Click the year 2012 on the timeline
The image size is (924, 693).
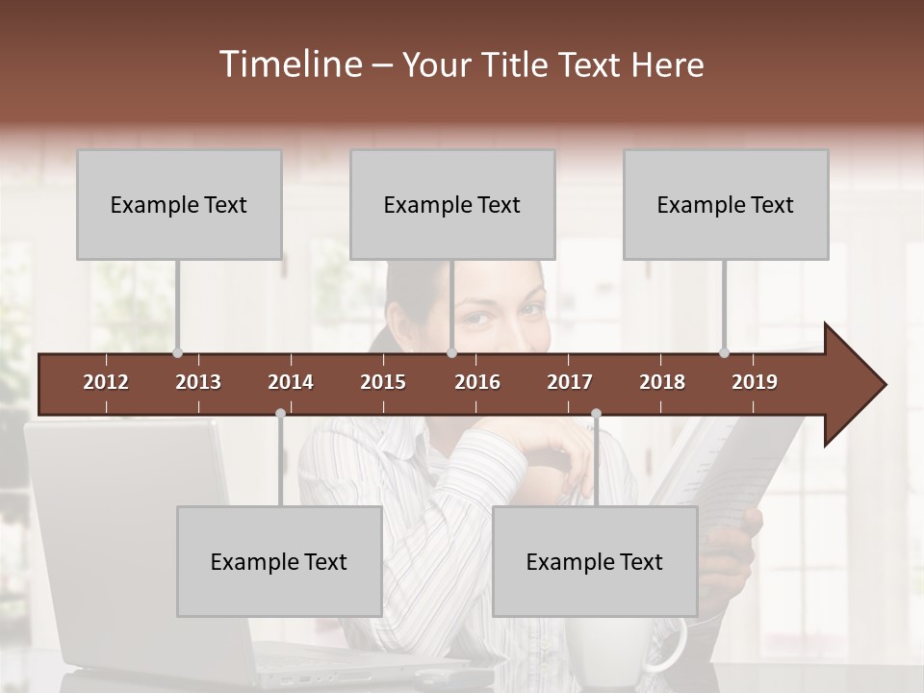click(x=106, y=382)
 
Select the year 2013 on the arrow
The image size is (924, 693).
click(x=198, y=382)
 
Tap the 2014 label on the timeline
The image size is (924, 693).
click(x=291, y=382)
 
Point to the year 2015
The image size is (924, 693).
click(x=383, y=382)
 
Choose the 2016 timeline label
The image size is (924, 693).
click(x=477, y=382)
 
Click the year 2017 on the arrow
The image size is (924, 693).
click(x=570, y=382)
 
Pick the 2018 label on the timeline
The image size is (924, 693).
click(x=662, y=382)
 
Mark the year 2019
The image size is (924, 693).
click(x=755, y=382)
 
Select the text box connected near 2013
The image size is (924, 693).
click(x=179, y=204)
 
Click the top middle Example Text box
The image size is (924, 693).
click(x=452, y=204)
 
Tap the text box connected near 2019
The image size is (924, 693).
click(x=726, y=204)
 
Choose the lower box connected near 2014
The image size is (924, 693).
click(x=279, y=561)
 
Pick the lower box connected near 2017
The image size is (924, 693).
click(x=595, y=561)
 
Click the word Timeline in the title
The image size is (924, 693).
click(x=289, y=64)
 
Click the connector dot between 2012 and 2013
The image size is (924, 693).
click(x=177, y=352)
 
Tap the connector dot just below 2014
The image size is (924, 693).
click(x=280, y=413)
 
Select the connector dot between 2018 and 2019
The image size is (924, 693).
click(x=724, y=352)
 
